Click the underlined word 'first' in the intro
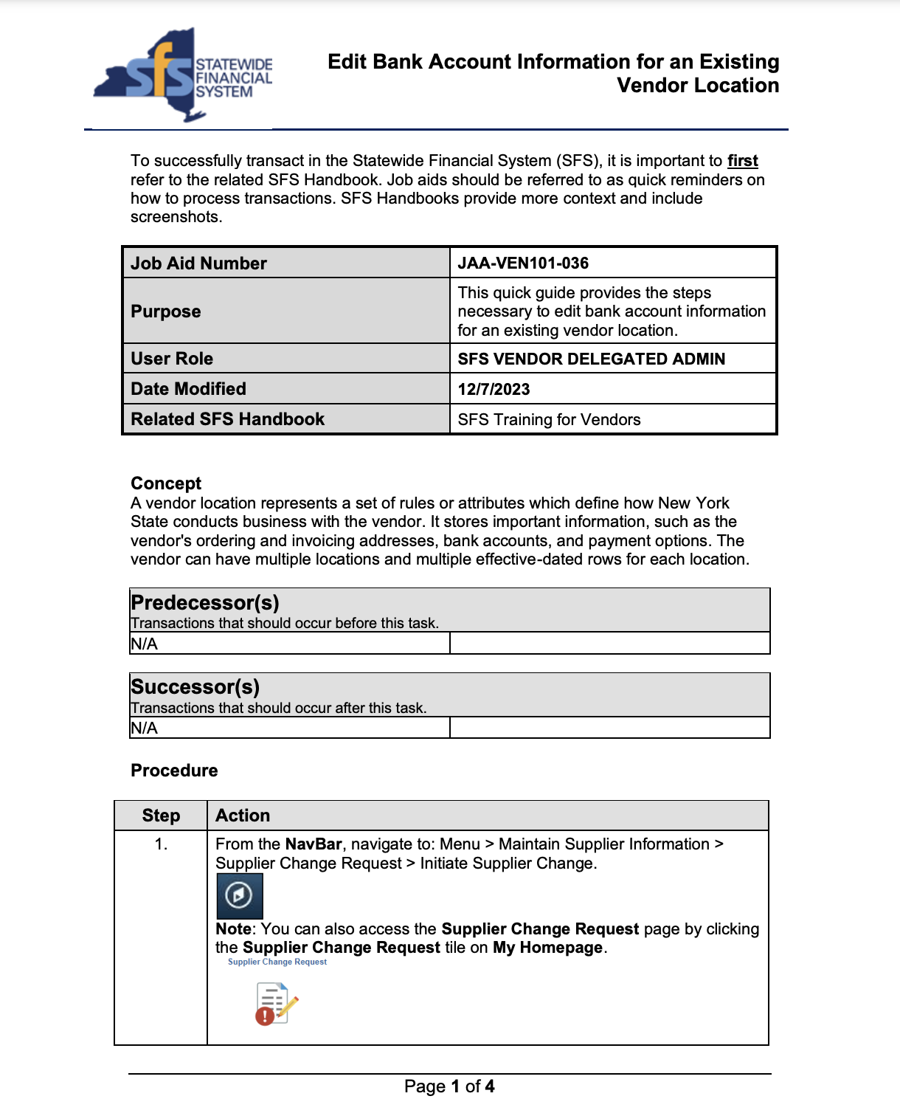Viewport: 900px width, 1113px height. click(742, 161)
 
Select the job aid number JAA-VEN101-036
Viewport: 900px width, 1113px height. click(523, 263)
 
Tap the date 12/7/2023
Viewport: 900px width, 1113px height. click(494, 390)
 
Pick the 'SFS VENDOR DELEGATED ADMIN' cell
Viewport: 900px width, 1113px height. click(591, 359)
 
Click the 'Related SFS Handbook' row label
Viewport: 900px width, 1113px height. click(227, 419)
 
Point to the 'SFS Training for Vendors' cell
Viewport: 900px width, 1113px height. click(549, 420)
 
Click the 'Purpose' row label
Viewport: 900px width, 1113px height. click(166, 311)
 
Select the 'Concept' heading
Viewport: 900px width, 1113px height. click(166, 483)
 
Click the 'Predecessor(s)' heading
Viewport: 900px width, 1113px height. click(205, 603)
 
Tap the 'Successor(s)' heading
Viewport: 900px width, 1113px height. click(195, 687)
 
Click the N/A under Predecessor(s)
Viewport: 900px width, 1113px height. click(145, 644)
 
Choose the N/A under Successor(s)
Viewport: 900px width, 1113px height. click(145, 728)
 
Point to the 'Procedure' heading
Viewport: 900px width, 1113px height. click(174, 771)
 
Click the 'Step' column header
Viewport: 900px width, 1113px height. click(161, 816)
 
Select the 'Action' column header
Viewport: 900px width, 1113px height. click(243, 816)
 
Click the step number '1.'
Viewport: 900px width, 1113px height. click(161, 844)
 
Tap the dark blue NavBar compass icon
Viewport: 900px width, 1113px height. click(239, 896)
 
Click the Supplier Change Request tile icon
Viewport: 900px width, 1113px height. click(276, 1003)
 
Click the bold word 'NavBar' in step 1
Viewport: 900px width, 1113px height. click(314, 844)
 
